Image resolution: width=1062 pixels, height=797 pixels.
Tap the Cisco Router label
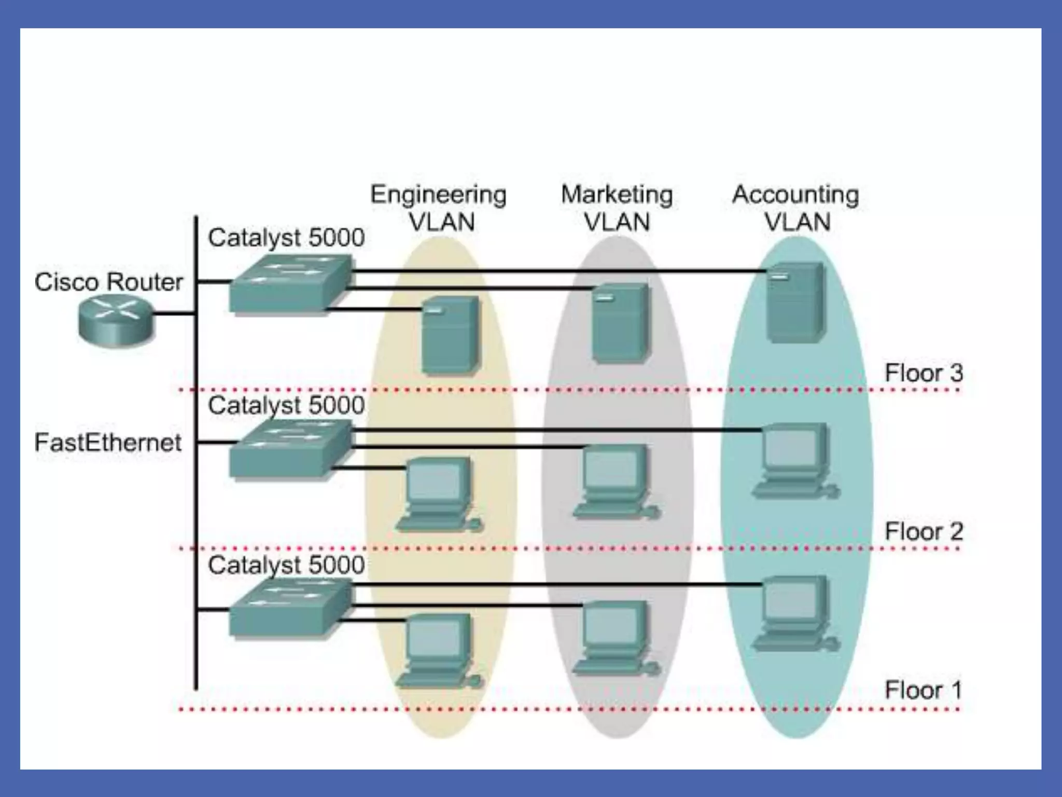[108, 282]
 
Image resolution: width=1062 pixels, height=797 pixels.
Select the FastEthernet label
[108, 443]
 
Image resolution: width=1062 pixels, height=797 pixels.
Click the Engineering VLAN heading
[439, 208]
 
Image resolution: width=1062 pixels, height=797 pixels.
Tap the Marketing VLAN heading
[617, 208]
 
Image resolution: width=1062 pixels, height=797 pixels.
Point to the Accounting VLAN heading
[796, 208]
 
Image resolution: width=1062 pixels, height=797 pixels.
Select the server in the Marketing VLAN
[620, 322]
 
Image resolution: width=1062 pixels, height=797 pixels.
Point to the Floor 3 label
[923, 373]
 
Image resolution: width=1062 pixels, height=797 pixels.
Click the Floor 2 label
[923, 531]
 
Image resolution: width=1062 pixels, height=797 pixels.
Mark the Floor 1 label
[923, 690]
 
